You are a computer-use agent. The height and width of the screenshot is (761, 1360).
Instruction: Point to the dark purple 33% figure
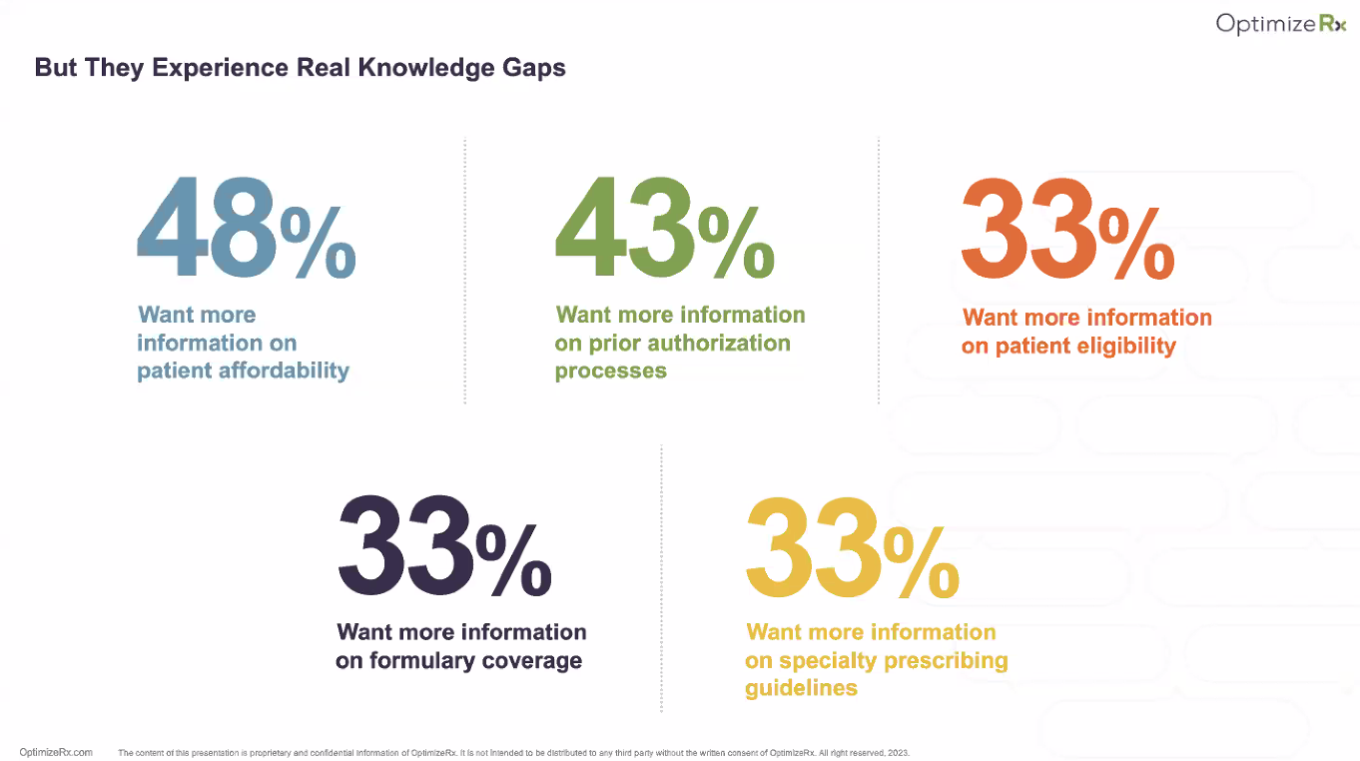click(443, 546)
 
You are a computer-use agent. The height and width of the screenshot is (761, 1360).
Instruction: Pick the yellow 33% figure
click(852, 548)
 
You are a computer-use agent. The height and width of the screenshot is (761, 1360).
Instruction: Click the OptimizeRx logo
click(1280, 24)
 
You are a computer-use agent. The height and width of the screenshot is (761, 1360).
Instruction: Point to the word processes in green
click(610, 371)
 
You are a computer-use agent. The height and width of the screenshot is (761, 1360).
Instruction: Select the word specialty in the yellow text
click(823, 660)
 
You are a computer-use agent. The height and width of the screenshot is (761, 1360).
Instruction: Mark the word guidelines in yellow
click(801, 688)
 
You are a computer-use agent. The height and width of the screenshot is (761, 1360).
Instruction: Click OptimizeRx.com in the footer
click(56, 752)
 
